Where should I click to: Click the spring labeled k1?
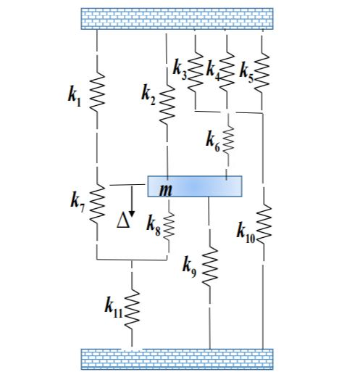97,92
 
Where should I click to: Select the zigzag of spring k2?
167,104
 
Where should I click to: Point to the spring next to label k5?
261,73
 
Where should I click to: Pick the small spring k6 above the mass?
228,140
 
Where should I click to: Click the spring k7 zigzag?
97,204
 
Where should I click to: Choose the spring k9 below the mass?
210,267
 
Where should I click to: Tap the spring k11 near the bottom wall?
132,309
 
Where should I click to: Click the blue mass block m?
195,186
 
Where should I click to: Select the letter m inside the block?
166,190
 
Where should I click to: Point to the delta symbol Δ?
123,220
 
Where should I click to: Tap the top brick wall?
177,19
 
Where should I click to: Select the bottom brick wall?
177,359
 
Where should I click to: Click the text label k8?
154,225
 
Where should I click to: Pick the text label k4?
213,71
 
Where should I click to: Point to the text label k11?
114,307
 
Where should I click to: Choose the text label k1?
75,96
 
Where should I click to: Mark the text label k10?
246,233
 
